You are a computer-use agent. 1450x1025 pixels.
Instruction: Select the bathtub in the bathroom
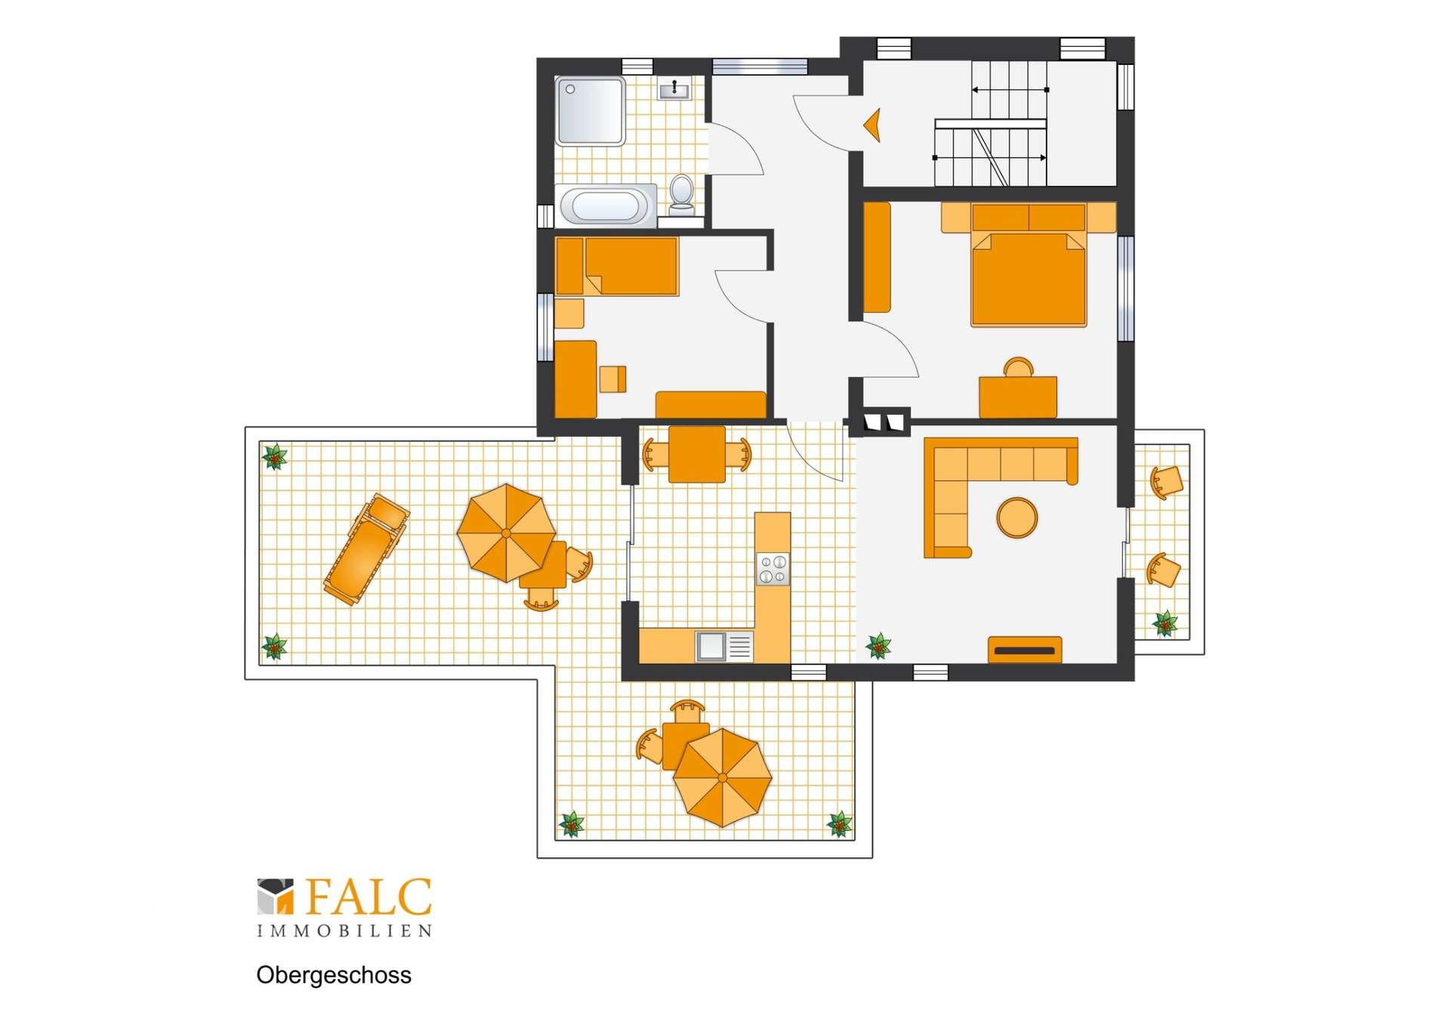[606, 205]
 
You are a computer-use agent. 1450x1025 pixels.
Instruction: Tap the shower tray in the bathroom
[590, 110]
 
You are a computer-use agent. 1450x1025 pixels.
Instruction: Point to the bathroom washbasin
[674, 90]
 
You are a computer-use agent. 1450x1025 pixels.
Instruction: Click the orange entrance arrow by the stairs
[873, 125]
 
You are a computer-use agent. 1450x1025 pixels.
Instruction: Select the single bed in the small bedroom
[617, 266]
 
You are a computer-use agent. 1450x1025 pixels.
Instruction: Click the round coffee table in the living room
[1017, 517]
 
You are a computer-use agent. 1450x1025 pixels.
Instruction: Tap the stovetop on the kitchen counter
[773, 569]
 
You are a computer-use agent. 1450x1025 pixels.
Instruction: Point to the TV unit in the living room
[1025, 650]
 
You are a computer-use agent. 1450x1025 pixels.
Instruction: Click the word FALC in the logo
[369, 897]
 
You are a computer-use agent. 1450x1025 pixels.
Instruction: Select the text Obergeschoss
[334, 975]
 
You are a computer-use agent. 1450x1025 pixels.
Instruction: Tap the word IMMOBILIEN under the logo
[344, 931]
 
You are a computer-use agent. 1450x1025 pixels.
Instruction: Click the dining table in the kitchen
[696, 454]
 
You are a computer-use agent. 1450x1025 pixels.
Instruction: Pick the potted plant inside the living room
[878, 646]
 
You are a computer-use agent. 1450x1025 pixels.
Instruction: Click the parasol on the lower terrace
[722, 777]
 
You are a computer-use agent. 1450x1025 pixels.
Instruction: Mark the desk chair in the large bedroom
[1018, 367]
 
